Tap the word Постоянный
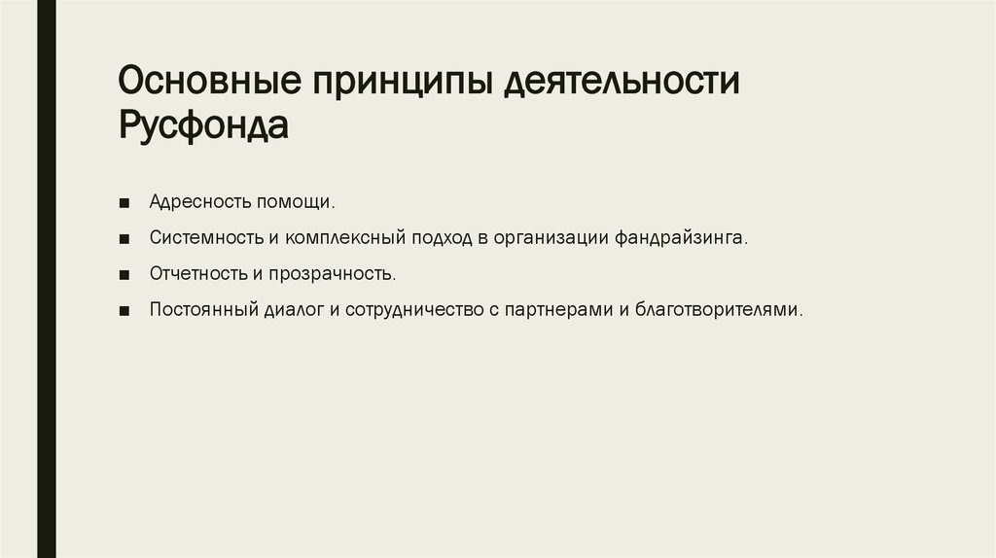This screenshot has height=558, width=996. click(x=202, y=310)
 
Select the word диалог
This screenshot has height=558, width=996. click(x=291, y=310)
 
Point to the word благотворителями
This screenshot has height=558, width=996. click(x=719, y=310)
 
